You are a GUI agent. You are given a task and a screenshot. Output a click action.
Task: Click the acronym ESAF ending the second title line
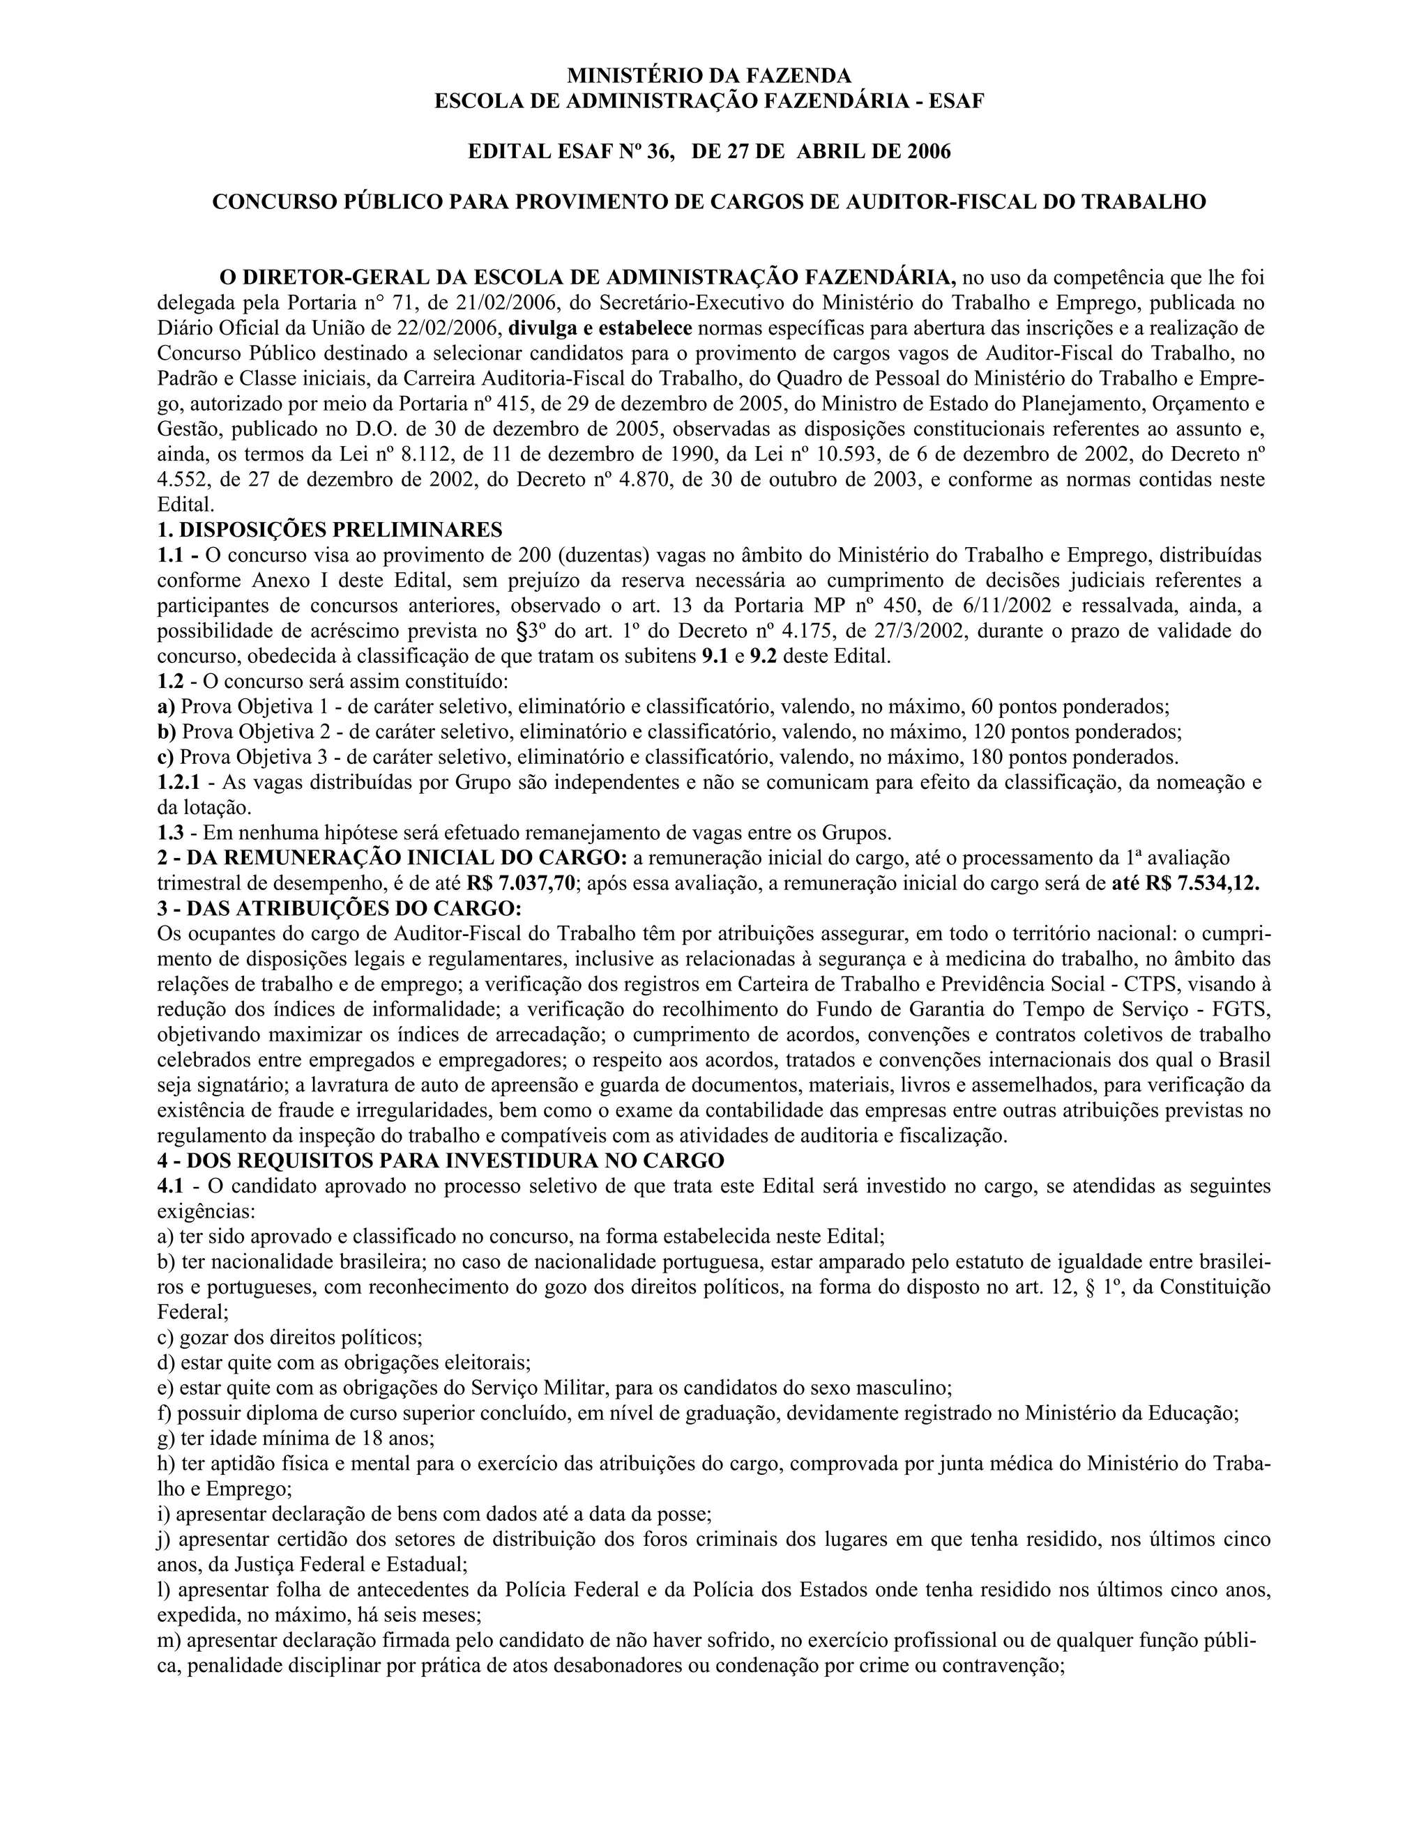point(957,102)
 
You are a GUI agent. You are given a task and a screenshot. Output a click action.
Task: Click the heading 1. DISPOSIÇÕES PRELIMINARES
point(330,530)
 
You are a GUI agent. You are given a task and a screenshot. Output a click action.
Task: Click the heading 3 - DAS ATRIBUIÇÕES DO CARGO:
point(340,909)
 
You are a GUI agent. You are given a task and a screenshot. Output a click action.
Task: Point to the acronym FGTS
point(1242,1010)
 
